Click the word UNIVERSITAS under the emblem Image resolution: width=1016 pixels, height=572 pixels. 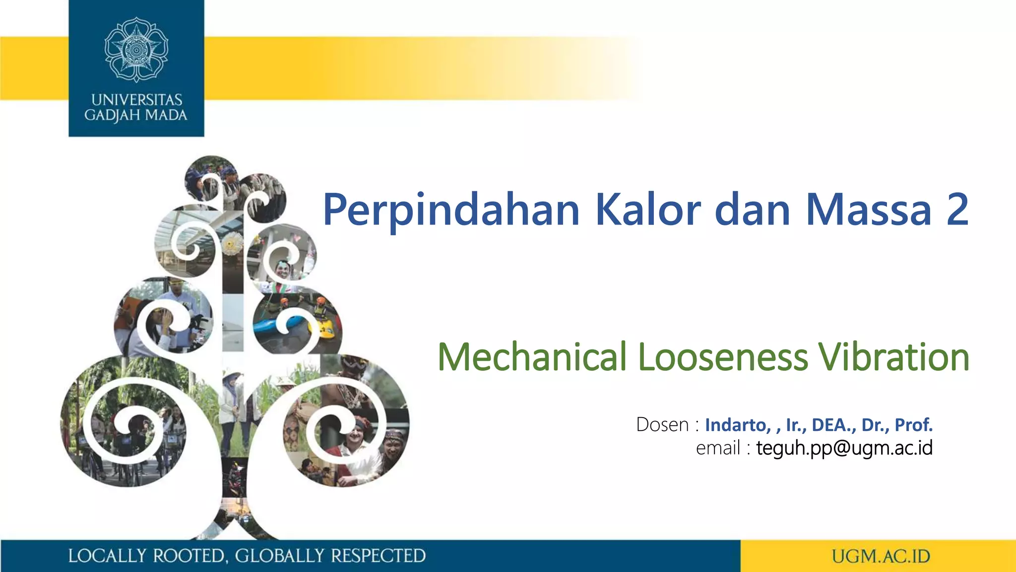(x=136, y=100)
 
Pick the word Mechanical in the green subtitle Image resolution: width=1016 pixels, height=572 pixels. (x=532, y=357)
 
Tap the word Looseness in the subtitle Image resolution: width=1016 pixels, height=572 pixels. (x=723, y=357)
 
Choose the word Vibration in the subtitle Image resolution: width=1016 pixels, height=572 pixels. (x=893, y=357)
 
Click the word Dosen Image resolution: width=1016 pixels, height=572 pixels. (x=662, y=425)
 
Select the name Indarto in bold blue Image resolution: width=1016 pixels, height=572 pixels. (x=737, y=425)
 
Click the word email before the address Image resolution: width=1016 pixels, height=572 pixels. (x=718, y=448)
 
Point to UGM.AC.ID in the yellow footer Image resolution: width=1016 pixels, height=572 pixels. (x=881, y=556)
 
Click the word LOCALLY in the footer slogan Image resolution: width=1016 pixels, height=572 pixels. (x=107, y=556)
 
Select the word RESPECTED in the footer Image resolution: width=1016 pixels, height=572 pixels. (x=378, y=556)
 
